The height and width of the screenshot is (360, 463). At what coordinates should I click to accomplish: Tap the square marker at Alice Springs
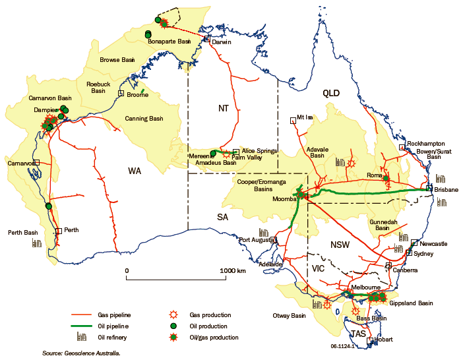(x=236, y=152)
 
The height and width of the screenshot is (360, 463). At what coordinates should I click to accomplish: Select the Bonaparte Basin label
(x=169, y=42)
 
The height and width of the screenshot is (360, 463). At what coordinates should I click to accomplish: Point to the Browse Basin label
(x=117, y=60)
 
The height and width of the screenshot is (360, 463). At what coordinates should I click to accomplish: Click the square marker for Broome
(x=121, y=94)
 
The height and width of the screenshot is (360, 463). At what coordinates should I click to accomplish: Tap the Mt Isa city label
(x=304, y=117)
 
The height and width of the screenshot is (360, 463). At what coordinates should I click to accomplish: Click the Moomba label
(x=284, y=197)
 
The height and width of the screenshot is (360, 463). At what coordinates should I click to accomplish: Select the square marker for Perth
(x=59, y=231)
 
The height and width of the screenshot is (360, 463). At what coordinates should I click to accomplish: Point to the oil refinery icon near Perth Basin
(x=37, y=243)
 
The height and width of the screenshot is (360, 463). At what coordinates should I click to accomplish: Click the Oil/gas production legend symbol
(x=172, y=337)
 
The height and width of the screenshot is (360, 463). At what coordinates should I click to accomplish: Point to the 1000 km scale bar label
(x=233, y=270)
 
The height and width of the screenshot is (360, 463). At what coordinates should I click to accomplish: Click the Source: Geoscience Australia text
(x=81, y=353)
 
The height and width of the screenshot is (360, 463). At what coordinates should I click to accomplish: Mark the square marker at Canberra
(x=388, y=266)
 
